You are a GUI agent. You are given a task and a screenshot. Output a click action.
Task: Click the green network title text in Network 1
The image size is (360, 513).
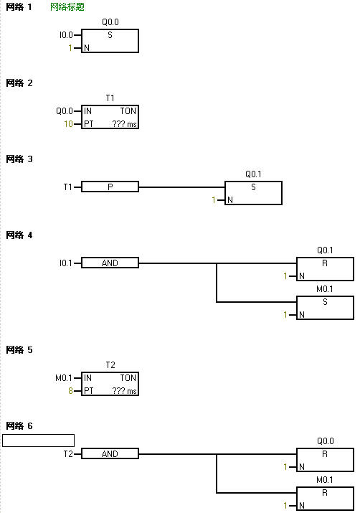coord(67,7)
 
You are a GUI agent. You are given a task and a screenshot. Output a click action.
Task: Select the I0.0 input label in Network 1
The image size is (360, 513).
coord(66,34)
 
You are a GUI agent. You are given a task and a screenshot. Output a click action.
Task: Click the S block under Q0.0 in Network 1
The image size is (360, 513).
coord(110,41)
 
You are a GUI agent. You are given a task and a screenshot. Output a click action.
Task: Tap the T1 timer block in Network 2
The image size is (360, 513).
coord(110,117)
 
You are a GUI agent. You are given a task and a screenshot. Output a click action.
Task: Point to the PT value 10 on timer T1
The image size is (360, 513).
coord(68,123)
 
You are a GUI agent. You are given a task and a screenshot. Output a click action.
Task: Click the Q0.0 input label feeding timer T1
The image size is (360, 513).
coord(65,111)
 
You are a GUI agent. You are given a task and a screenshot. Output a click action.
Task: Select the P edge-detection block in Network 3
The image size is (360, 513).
coord(110,187)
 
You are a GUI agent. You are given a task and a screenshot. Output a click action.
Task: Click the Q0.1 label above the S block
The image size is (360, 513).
coord(253,174)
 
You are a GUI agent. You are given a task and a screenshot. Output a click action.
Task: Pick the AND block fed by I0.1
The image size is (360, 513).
coord(110,263)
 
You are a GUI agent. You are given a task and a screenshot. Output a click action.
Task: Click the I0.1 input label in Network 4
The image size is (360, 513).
coord(66,263)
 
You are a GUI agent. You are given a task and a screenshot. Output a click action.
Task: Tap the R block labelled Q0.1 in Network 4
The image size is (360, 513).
coord(325,269)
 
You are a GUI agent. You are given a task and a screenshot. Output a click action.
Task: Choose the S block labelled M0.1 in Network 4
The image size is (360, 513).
coord(325,308)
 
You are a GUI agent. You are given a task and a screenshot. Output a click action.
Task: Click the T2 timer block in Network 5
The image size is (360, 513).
coord(110,384)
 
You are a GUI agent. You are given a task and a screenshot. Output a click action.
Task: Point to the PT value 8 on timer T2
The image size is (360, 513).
coord(70,390)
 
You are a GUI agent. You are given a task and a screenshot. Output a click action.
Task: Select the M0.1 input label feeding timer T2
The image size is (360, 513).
coord(63,378)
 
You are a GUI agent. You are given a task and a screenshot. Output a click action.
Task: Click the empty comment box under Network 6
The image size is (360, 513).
coord(38,441)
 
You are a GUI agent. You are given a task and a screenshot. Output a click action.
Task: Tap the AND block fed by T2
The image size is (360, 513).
coord(110,453)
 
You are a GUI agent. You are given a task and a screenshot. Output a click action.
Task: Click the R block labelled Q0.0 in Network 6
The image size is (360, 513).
coord(325,460)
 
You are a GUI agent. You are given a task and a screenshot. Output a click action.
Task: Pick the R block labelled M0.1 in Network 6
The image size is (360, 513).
coord(325,498)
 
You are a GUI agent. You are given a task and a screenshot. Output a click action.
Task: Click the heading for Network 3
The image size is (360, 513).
coord(19,159)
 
